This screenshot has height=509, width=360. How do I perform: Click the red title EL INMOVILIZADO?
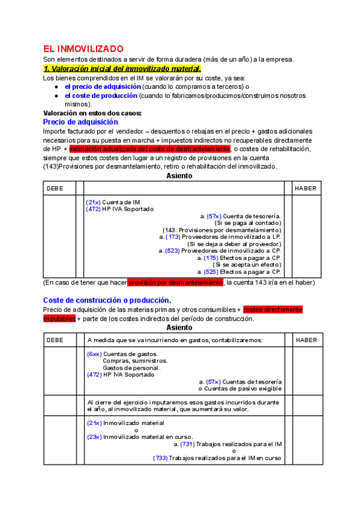click(83, 49)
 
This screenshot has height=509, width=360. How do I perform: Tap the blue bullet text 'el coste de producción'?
click(101, 95)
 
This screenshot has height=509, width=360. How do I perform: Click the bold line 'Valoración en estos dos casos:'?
click(92, 113)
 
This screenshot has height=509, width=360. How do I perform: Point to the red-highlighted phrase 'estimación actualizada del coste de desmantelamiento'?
click(149, 149)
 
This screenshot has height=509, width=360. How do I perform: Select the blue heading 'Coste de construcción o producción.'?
click(107, 300)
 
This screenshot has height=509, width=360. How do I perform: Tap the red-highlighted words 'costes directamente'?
click(273, 310)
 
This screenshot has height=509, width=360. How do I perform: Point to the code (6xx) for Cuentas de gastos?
click(94, 354)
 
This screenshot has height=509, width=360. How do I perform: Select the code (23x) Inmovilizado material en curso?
click(94, 436)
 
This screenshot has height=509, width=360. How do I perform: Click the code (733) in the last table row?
click(160, 458)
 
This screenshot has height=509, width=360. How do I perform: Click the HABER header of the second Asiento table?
click(307, 340)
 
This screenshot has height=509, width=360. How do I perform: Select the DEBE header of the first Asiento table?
click(55, 188)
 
